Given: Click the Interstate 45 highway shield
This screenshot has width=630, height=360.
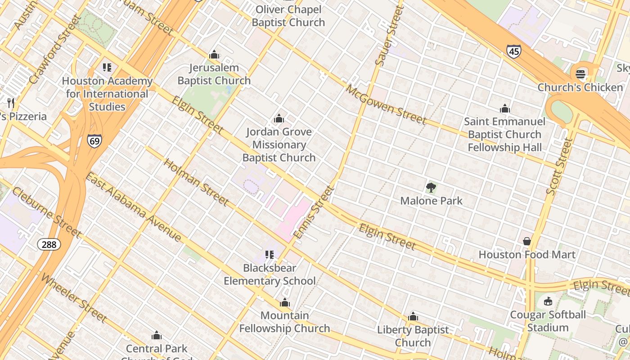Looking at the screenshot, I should (x=513, y=51).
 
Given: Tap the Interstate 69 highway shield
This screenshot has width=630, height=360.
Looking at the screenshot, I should (x=94, y=140).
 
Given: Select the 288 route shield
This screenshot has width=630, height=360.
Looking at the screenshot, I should (x=49, y=244).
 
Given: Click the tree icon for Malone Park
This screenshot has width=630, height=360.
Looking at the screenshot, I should (x=431, y=188).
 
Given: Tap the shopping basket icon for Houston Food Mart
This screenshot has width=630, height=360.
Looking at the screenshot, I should (x=526, y=242).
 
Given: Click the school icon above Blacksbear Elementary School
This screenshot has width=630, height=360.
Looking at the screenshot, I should (x=270, y=255).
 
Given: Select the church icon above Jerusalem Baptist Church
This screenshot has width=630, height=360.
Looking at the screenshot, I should (x=214, y=55).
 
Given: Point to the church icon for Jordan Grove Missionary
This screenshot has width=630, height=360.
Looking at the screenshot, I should (x=279, y=119).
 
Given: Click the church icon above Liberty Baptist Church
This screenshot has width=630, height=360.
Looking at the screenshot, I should (x=413, y=317).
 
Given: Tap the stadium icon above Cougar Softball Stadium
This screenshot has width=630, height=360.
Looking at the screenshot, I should (x=548, y=301).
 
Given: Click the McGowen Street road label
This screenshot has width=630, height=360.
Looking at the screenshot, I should (x=386, y=104).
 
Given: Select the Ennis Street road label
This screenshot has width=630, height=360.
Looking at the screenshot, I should (x=314, y=212).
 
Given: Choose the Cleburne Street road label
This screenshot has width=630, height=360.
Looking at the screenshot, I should (x=46, y=212).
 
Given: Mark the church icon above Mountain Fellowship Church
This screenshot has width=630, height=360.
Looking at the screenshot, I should (x=284, y=302).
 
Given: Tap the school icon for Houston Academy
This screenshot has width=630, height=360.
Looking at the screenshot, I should (x=107, y=67).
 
